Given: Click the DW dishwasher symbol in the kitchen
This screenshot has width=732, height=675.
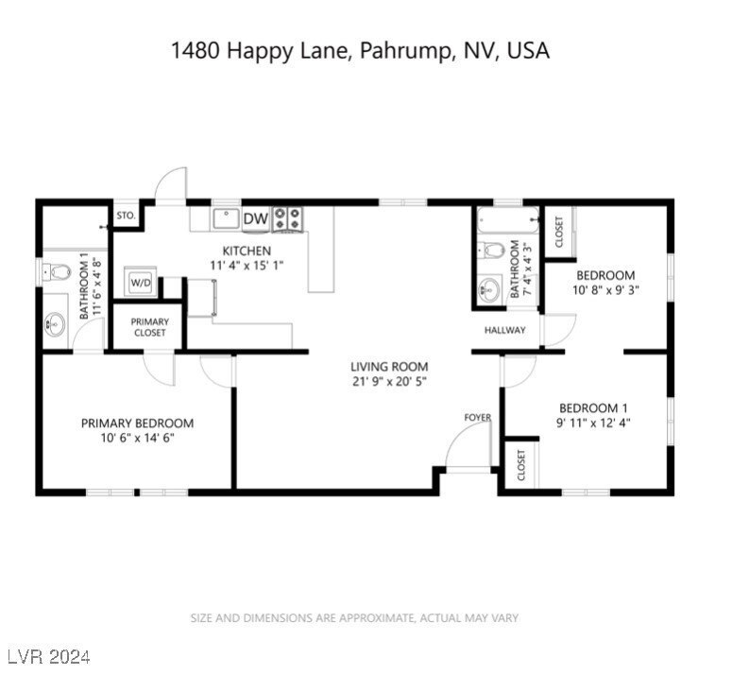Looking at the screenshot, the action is [x=256, y=218].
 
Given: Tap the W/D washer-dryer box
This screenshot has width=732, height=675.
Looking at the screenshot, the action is [x=141, y=282].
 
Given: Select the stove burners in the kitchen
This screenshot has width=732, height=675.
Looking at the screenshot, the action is [x=287, y=218].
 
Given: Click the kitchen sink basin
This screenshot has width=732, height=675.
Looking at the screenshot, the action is [x=227, y=218].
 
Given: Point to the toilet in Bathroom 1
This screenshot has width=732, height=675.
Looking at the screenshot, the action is [x=56, y=272].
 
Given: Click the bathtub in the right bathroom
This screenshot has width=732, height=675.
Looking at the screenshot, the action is [x=508, y=221].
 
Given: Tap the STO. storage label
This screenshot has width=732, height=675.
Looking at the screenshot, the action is [x=126, y=216].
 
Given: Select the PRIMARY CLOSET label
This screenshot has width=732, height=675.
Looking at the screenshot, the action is [x=150, y=327].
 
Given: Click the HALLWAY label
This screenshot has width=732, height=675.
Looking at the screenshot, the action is [x=505, y=330].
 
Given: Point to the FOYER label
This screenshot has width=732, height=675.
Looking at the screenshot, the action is [x=478, y=417].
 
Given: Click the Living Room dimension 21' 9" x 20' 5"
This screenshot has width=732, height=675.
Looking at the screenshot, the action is [x=389, y=382].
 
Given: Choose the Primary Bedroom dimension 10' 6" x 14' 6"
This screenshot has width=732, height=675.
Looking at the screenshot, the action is [x=137, y=438].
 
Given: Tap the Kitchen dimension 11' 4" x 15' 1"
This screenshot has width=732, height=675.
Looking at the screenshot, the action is [x=247, y=266].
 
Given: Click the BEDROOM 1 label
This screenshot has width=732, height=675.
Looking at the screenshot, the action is [x=593, y=408].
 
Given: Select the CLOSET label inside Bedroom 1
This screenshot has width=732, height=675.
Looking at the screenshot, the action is [x=521, y=465].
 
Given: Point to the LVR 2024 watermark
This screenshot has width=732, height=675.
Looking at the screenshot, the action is [x=48, y=657].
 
